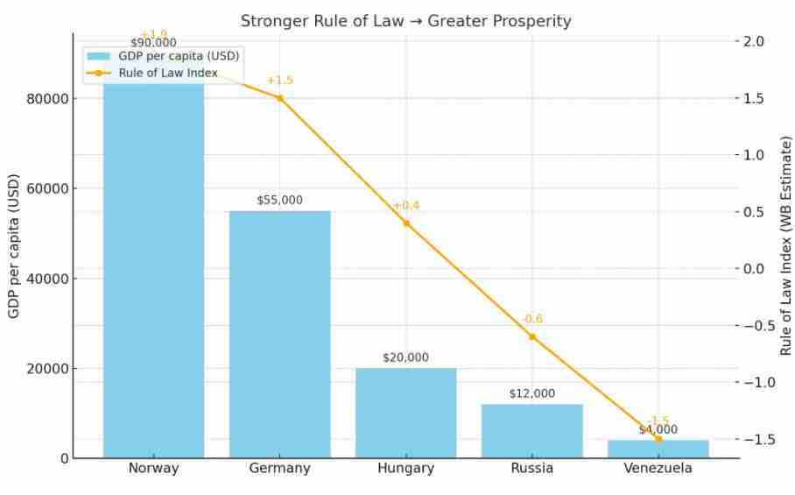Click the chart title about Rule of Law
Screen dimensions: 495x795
click(405, 20)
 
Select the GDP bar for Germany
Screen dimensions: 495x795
click(279, 333)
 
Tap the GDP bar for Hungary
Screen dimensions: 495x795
click(405, 413)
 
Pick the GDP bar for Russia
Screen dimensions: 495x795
click(531, 430)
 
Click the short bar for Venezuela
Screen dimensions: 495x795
click(658, 449)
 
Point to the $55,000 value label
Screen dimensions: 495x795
click(279, 201)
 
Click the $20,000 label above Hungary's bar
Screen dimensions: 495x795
click(405, 357)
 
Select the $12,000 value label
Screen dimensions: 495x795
click(531, 393)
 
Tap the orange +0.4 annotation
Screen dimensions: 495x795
click(405, 206)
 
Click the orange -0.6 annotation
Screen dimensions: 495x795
click(531, 319)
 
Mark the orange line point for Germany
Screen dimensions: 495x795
click(279, 98)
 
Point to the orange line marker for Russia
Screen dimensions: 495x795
click(531, 336)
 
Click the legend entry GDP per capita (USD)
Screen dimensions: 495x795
click(179, 56)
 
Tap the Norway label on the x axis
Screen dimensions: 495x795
click(153, 469)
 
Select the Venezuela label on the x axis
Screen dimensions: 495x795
click(658, 469)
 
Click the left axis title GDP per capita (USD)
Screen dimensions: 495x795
click(14, 248)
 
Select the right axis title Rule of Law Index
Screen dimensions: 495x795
click(785, 245)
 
